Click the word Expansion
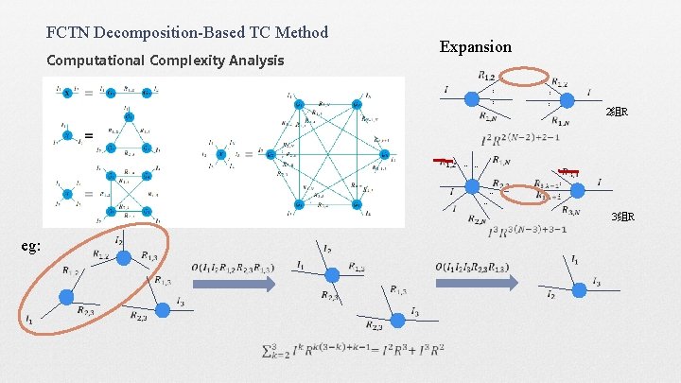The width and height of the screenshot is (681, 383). (x=475, y=46)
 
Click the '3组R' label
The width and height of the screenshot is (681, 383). (x=622, y=217)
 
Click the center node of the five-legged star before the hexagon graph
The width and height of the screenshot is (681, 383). (x=220, y=153)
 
